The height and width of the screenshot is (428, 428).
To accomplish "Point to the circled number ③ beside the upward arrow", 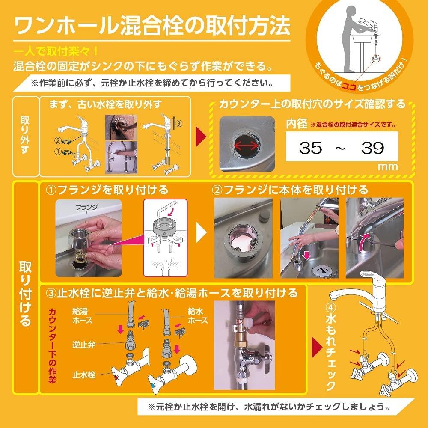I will point(178,122).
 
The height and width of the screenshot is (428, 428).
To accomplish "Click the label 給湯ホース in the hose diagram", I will point(81,316).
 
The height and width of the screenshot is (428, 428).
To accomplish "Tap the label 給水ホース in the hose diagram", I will point(198,316).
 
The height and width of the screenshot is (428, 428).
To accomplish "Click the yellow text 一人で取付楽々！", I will point(56,51).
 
